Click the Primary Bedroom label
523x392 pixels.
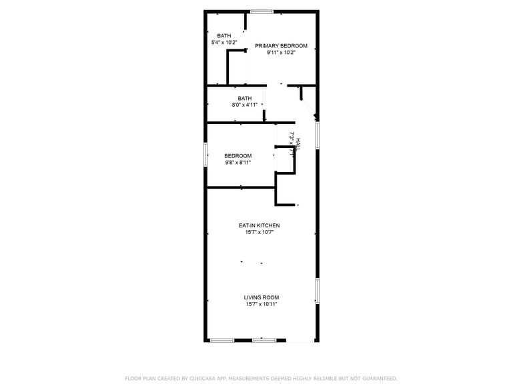[281, 46]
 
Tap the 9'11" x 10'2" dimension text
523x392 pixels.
[281, 53]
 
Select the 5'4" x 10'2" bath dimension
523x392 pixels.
[223, 43]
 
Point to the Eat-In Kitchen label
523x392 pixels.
[259, 225]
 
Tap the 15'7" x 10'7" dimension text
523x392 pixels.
[259, 232]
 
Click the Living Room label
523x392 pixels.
[261, 297]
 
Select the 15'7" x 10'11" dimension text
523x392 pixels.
[261, 304]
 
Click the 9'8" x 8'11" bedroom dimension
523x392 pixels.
[237, 162]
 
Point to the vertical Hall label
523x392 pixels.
[298, 144]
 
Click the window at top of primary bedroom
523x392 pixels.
[262, 11]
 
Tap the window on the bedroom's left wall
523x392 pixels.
[206, 154]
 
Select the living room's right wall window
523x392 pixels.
[318, 291]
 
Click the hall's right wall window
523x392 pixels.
[318, 134]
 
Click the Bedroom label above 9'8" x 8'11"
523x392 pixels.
[237, 156]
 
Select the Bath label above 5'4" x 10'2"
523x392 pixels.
[223, 35]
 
